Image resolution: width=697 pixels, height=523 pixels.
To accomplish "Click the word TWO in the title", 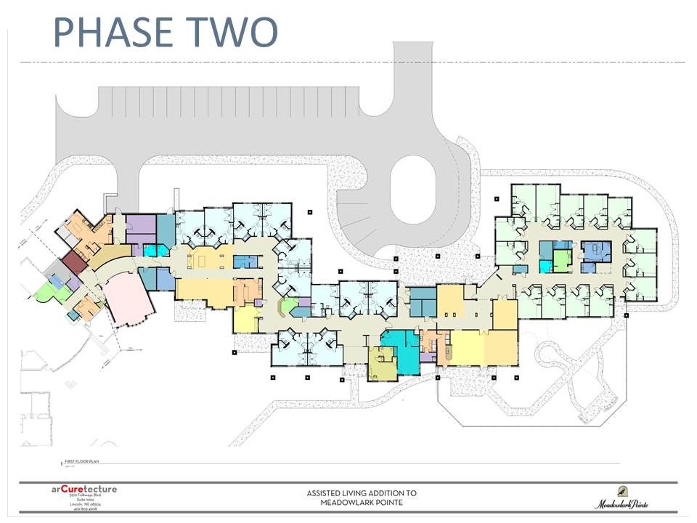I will pos(230,32).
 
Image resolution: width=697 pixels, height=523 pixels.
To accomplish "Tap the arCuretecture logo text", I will pos(83,489).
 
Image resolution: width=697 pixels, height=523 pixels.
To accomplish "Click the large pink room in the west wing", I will pos(128,299).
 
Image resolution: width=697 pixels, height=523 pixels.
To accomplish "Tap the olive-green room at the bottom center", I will pos(382,364).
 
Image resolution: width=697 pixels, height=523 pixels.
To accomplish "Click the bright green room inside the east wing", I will pos(562,259).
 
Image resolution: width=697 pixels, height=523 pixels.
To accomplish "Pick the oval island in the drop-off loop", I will pos(412,191).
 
